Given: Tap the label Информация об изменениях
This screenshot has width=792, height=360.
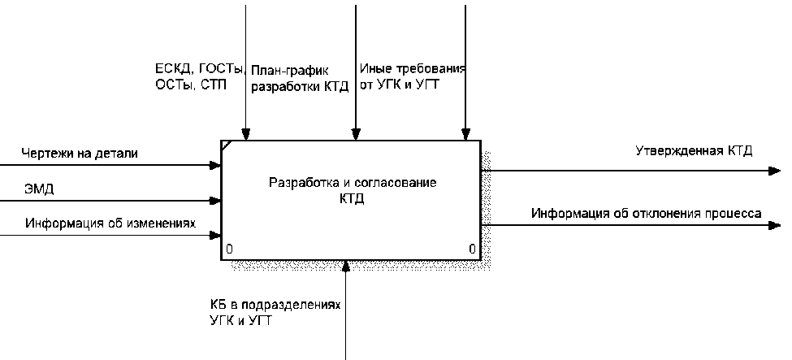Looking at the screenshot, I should click(111, 222).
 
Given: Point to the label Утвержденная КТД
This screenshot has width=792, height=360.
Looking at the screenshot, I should click(693, 151).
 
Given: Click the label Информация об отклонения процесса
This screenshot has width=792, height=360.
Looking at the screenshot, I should click(646, 214).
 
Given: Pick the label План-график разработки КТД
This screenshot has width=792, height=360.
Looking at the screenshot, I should click(300, 79).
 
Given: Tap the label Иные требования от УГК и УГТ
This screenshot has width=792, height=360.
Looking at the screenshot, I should click(412, 76).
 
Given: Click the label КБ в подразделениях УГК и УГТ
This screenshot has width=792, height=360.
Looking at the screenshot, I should click(273, 312).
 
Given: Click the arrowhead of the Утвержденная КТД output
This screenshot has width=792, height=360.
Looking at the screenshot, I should click(774, 171).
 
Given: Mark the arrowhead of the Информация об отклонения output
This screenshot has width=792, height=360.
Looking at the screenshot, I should click(774, 225).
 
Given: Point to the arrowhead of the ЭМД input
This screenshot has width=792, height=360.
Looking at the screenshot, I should click(215, 200).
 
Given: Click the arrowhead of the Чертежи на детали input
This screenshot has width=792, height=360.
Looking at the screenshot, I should click(215, 165).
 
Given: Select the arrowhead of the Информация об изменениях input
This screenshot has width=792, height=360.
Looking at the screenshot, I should click(215, 236).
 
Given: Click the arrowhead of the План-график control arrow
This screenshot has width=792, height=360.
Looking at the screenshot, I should click(355, 135).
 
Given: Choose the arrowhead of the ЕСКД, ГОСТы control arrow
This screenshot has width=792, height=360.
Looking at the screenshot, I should click(245, 135).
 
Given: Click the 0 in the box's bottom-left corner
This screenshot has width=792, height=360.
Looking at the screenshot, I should click(230, 249).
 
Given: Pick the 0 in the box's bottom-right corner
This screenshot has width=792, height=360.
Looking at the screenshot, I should click(472, 249).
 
